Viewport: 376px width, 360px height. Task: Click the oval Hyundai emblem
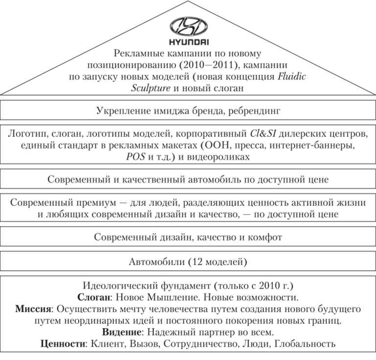(x=188, y=26)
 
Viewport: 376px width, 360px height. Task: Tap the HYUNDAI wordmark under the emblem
(x=189, y=42)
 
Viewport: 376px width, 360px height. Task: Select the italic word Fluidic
(x=291, y=77)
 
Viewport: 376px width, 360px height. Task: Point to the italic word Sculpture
(x=151, y=88)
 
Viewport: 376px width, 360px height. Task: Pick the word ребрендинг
(x=254, y=112)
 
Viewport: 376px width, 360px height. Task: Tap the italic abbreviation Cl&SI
(x=263, y=134)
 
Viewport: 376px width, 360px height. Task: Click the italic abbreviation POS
(x=135, y=157)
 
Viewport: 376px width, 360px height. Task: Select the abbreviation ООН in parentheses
(x=214, y=145)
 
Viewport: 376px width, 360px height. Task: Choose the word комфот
(x=265, y=237)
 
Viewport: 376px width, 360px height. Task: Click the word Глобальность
(x=305, y=344)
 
